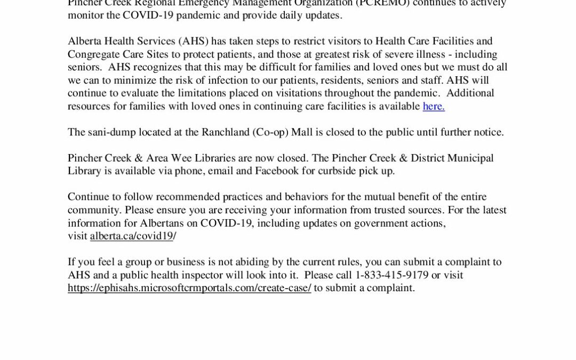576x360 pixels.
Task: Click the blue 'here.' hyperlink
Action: coord(434,106)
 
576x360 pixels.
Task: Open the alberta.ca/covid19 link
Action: coord(132,236)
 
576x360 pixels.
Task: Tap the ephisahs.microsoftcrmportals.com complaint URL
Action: coord(189,288)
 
